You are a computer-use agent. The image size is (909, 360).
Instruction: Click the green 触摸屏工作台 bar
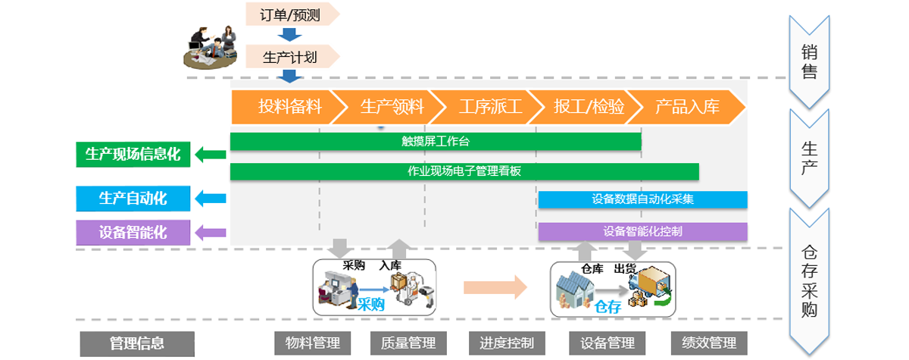[x=436, y=141]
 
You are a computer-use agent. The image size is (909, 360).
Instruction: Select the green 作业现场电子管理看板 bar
[x=464, y=171]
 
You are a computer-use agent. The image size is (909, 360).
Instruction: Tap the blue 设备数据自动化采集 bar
[x=642, y=200]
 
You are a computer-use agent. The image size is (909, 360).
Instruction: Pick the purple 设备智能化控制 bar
[x=642, y=231]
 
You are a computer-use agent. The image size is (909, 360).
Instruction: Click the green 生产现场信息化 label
[x=133, y=155]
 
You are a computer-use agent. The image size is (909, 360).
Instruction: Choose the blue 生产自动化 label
[x=133, y=199]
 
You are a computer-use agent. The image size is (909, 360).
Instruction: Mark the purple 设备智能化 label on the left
[x=133, y=231]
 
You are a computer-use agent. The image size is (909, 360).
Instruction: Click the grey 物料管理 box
[x=307, y=343]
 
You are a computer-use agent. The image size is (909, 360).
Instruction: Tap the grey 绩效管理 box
[x=709, y=343]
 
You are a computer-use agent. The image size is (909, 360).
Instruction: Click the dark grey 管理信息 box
[x=136, y=343]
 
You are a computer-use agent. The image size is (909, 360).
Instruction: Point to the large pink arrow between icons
[x=495, y=287]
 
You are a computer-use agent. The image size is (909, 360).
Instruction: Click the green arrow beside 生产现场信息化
[x=211, y=155]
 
